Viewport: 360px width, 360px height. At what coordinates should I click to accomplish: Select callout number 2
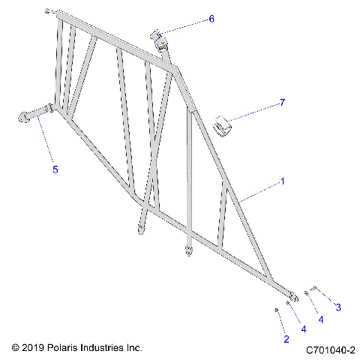[x=286, y=340]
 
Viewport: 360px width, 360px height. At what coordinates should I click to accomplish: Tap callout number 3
[x=337, y=307]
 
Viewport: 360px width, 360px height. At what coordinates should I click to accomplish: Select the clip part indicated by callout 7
[x=221, y=124]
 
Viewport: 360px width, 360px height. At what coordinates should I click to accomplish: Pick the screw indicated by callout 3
[x=313, y=288]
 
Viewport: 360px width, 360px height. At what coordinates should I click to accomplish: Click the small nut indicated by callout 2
[x=277, y=309]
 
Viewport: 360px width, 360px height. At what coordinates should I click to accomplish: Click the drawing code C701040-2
[x=330, y=349]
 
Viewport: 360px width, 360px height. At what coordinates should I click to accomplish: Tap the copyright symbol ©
[x=16, y=349]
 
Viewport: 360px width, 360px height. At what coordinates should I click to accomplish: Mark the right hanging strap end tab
[x=188, y=250]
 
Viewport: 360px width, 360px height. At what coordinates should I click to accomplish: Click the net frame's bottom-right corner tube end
[x=292, y=298]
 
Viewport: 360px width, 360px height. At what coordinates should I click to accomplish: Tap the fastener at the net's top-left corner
[x=48, y=11]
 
